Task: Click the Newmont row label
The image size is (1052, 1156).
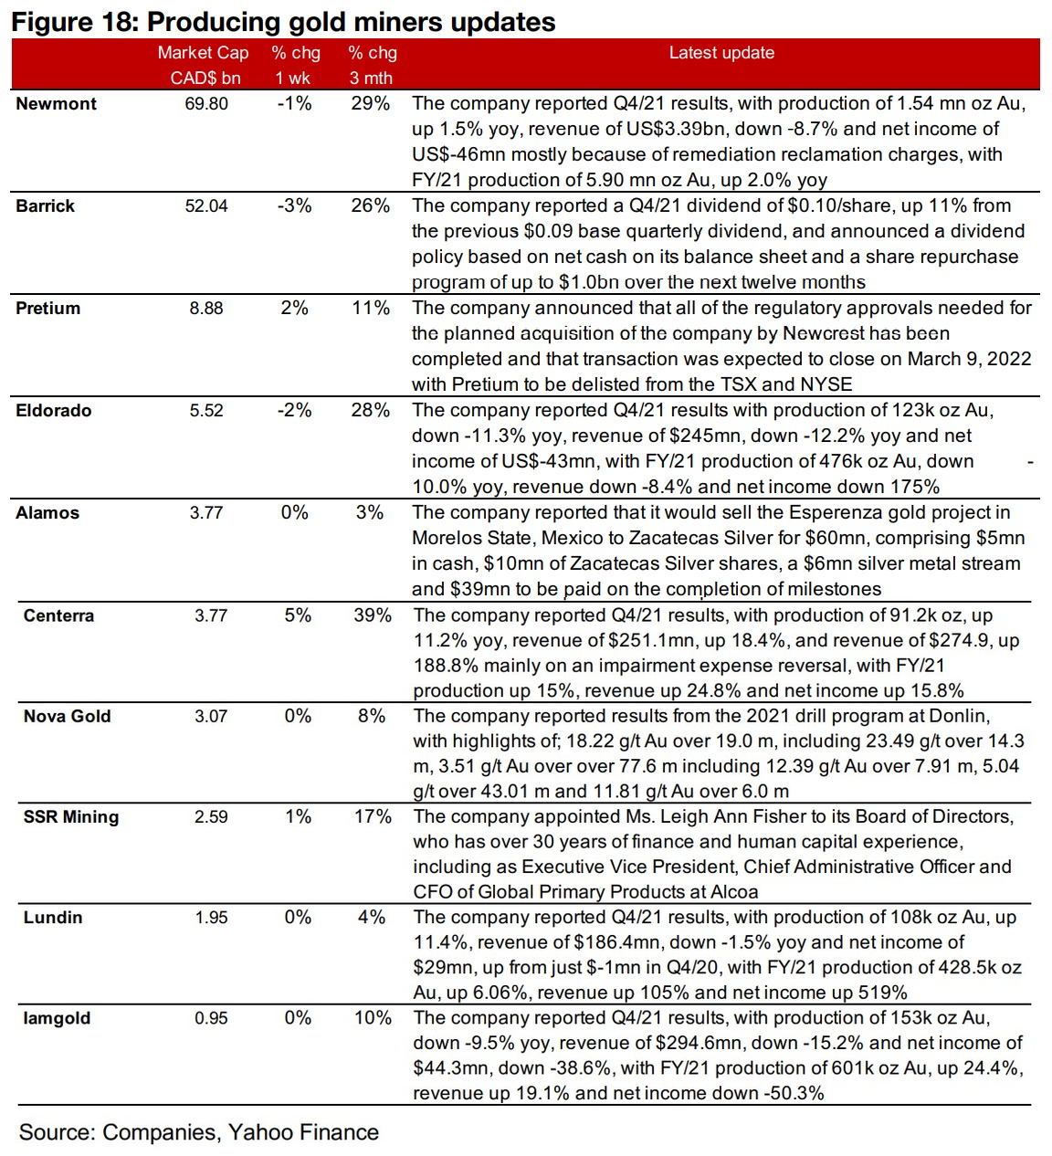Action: coord(56,104)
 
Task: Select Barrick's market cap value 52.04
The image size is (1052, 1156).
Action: coord(206,206)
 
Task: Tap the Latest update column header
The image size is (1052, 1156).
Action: coord(721,53)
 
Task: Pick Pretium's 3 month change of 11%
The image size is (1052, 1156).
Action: coord(371,309)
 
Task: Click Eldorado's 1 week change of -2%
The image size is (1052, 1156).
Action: coord(294,411)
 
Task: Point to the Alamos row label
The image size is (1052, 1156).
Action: coord(47,513)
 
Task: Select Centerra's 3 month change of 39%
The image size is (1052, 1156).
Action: coord(373,615)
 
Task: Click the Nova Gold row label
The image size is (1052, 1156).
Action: coord(67,717)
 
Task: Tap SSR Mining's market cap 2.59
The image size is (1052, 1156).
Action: coord(211,817)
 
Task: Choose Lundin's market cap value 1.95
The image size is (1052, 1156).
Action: coord(211,918)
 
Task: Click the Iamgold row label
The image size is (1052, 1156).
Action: coord(57,1018)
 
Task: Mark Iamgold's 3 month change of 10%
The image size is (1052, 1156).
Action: coord(373,1018)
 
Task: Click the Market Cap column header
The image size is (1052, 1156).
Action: coord(203,53)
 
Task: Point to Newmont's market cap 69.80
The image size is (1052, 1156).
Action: coord(206,104)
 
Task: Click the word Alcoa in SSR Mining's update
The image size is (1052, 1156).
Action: coord(734,892)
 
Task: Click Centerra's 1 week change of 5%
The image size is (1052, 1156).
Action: coord(298,615)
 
